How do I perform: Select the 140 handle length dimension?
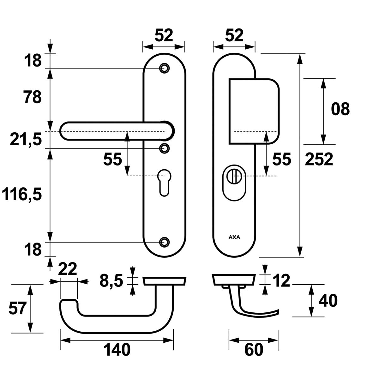[117, 350]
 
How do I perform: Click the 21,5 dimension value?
[26, 139]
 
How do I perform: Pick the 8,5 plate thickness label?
[111, 281]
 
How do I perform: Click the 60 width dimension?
[254, 350]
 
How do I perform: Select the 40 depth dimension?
[328, 301]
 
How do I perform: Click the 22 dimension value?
[68, 269]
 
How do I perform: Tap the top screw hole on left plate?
[164, 68]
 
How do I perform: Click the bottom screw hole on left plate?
[164, 242]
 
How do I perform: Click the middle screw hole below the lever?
[164, 148]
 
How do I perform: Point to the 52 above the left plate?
[164, 35]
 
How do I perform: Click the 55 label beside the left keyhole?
[112, 159]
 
